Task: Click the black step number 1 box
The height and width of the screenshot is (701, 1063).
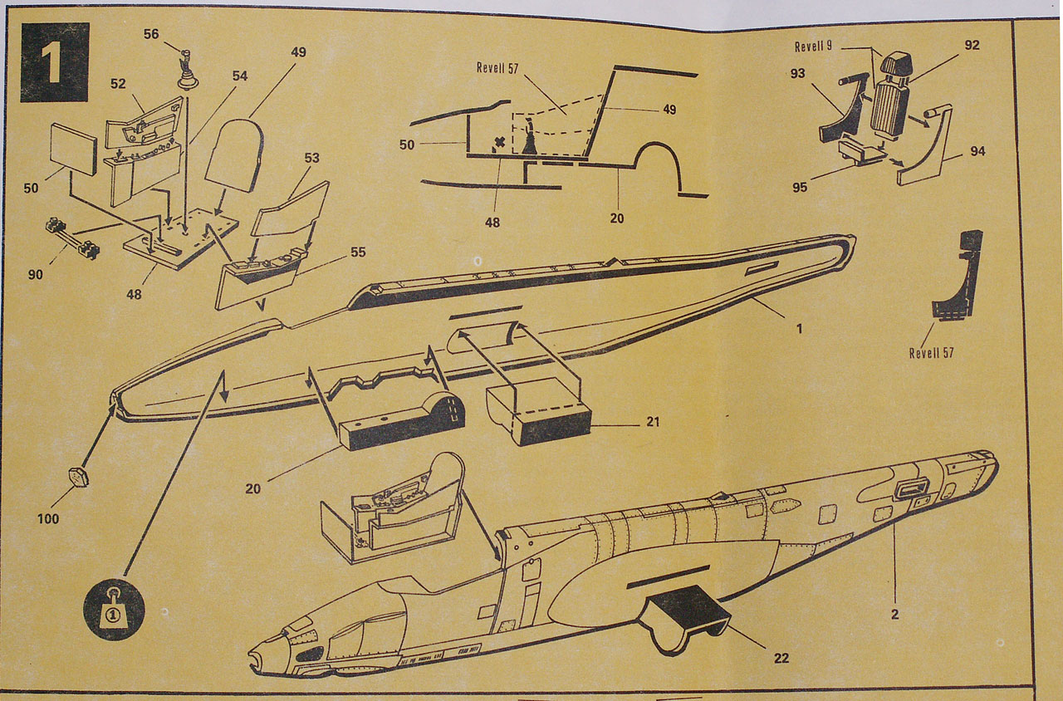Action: click(x=55, y=62)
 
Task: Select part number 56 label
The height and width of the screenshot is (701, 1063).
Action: click(x=150, y=34)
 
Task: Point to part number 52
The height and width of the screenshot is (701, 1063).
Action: click(x=118, y=84)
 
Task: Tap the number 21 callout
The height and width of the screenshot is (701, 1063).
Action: click(x=652, y=422)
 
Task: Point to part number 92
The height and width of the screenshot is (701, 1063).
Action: click(x=971, y=45)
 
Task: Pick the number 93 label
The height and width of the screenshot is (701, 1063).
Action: click(x=798, y=74)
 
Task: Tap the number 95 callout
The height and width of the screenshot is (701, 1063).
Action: click(x=800, y=187)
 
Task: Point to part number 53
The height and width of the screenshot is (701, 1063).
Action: click(x=311, y=158)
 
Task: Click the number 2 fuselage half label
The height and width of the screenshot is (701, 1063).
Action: click(x=894, y=615)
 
